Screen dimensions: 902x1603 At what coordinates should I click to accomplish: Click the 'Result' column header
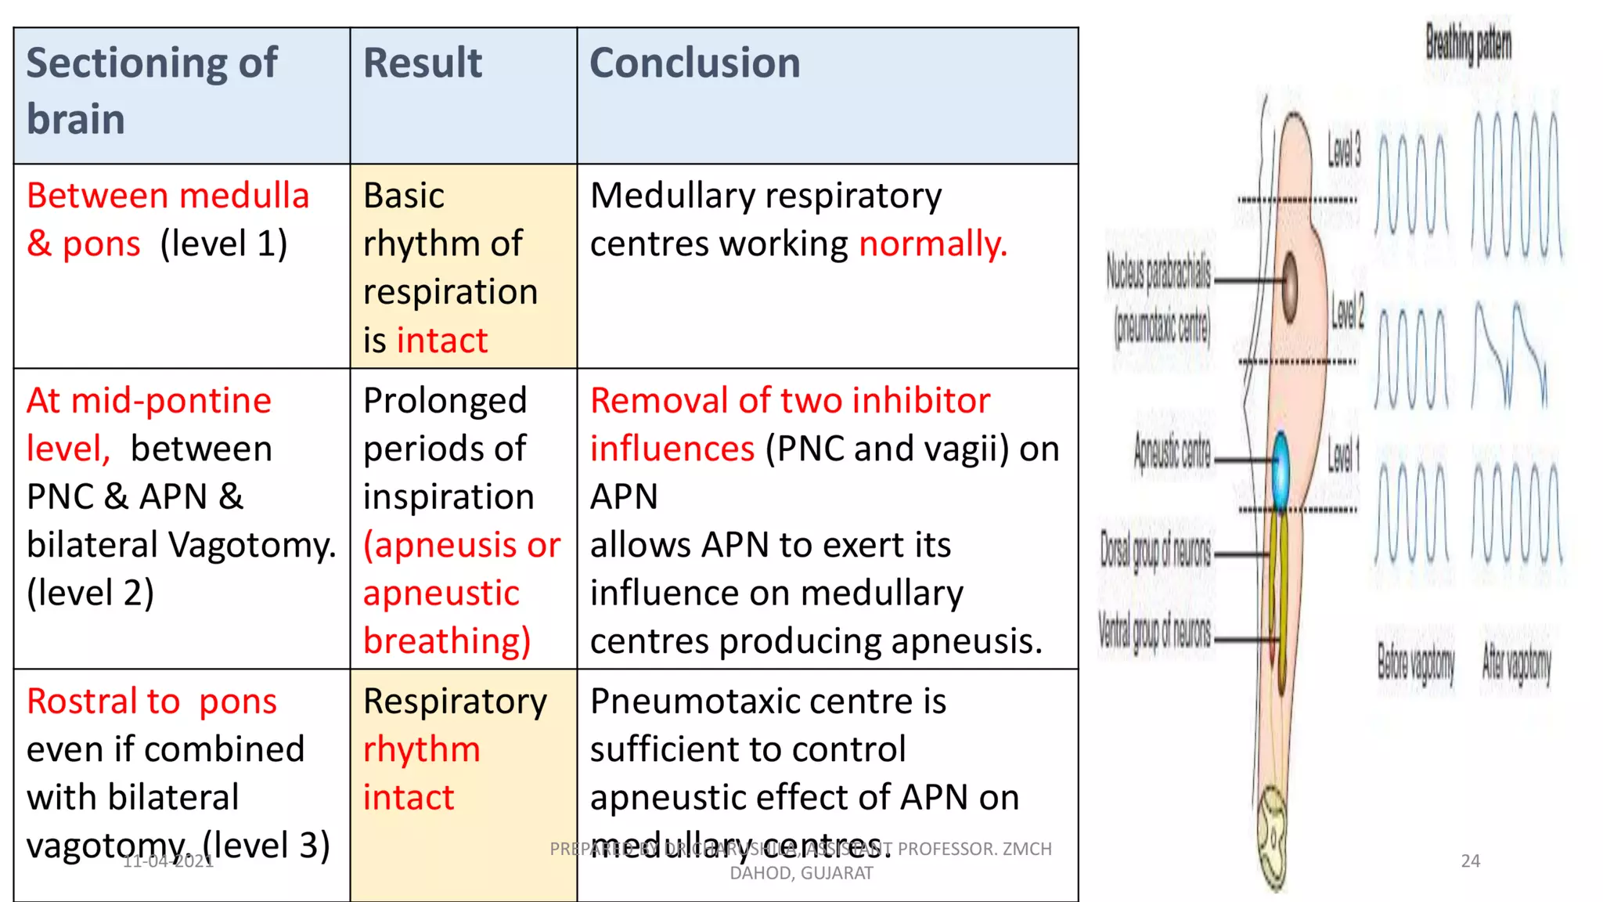click(423, 63)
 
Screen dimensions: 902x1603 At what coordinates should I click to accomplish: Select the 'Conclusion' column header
click(694, 63)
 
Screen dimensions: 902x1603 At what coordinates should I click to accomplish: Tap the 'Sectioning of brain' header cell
click(151, 91)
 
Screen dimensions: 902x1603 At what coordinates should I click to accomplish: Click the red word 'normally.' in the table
click(932, 244)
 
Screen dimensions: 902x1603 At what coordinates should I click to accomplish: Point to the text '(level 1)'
click(224, 244)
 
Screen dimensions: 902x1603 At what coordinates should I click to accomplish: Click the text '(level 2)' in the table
click(90, 594)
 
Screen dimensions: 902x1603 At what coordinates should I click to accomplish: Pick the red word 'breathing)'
click(447, 641)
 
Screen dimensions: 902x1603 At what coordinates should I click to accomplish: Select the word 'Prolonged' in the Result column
click(445, 401)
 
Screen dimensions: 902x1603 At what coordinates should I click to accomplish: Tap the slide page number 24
click(1470, 861)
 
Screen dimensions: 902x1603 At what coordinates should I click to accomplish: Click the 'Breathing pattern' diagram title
click(1468, 44)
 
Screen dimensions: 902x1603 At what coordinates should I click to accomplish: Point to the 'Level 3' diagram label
click(1344, 149)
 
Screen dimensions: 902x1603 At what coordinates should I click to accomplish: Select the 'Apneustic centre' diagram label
click(1172, 453)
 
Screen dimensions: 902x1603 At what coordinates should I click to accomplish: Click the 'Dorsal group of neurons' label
click(1155, 551)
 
